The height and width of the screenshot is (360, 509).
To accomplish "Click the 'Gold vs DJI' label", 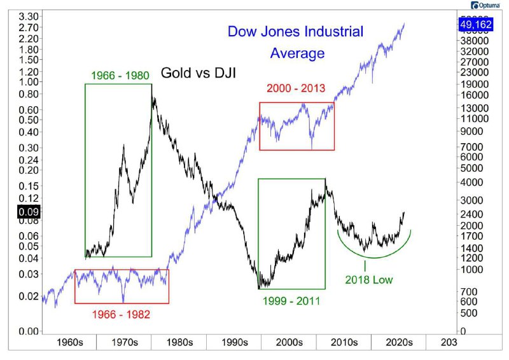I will pyautogui.click(x=199, y=73).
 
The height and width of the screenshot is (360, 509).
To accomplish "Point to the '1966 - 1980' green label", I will pyautogui.click(x=118, y=74).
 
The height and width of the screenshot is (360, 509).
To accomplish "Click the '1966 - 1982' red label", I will pyautogui.click(x=121, y=314).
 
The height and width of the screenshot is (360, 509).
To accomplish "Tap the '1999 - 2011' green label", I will pyautogui.click(x=290, y=300).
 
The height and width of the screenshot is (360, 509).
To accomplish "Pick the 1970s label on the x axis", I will pyautogui.click(x=124, y=342).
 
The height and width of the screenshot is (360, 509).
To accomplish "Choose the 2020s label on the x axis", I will pyautogui.click(x=398, y=342).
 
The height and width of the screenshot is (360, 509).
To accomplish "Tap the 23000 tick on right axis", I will pyautogui.click(x=478, y=73).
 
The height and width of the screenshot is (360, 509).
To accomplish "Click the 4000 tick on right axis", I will pyautogui.click(x=475, y=183).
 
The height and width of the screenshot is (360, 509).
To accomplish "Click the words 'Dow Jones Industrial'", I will pyautogui.click(x=295, y=32).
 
